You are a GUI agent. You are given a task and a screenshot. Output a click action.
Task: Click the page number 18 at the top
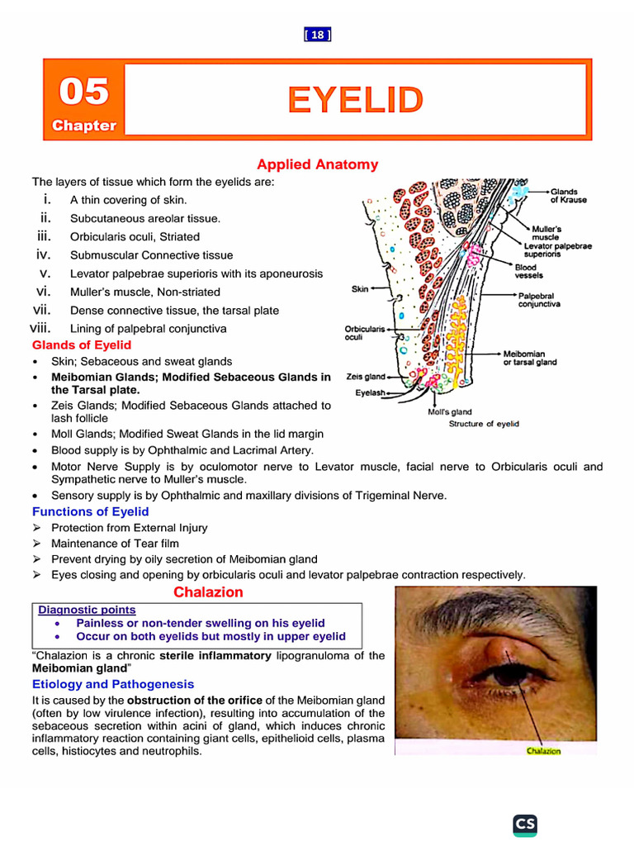[x=317, y=35]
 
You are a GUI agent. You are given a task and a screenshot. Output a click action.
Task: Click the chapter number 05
[x=83, y=91]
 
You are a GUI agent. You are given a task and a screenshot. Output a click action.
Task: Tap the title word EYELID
[x=355, y=100]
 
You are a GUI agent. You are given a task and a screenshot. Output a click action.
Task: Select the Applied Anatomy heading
[x=317, y=164]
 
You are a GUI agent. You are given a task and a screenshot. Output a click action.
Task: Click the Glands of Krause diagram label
[x=569, y=196]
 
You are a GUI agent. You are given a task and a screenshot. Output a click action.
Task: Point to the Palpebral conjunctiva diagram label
[x=539, y=300]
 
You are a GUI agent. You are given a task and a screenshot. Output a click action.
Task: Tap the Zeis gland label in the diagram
[x=366, y=377]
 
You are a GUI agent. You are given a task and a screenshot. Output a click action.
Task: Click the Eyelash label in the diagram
[x=371, y=393]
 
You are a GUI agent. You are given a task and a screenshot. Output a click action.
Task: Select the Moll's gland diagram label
[x=450, y=411]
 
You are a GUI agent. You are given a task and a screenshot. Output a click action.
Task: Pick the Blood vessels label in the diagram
[x=526, y=272]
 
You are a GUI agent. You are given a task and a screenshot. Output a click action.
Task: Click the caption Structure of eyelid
[x=484, y=424]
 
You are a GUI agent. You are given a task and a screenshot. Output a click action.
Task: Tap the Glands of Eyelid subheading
[x=81, y=345]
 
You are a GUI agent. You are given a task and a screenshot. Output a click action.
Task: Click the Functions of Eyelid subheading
[x=90, y=511]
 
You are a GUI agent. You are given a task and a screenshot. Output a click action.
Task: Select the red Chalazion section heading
[x=208, y=592]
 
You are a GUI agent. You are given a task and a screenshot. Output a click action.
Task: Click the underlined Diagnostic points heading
[x=87, y=610]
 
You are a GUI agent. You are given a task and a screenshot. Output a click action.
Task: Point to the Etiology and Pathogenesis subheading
[x=113, y=684]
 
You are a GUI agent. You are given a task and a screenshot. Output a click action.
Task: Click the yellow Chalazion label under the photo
[x=543, y=751]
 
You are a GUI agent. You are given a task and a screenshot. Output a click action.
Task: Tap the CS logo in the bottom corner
[x=524, y=825]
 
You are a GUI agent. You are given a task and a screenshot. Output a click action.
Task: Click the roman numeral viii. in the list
[x=41, y=328]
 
